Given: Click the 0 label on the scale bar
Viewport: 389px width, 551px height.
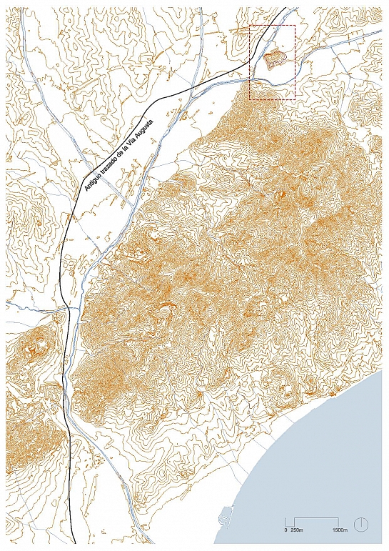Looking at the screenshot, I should point(286,530).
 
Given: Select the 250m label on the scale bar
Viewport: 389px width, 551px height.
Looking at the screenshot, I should point(298,530).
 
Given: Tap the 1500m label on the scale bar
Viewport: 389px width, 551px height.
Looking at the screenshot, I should point(339,530).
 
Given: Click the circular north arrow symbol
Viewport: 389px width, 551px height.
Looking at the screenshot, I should point(361,525).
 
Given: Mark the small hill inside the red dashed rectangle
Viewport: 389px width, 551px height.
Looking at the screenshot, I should point(276,59).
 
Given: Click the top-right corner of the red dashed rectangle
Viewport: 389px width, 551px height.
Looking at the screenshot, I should point(295,25).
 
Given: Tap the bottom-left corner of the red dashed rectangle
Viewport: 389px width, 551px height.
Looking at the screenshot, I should point(250,99).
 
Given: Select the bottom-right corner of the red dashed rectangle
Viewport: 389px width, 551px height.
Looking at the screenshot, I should point(295,99).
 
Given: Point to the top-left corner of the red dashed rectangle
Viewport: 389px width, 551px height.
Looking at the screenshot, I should point(250,25).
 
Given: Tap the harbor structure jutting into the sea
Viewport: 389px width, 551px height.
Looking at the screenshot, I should point(227,514).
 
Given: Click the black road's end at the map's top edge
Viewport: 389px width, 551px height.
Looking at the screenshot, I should point(286,8).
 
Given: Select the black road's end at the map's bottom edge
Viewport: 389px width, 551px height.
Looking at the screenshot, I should point(74,543).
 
